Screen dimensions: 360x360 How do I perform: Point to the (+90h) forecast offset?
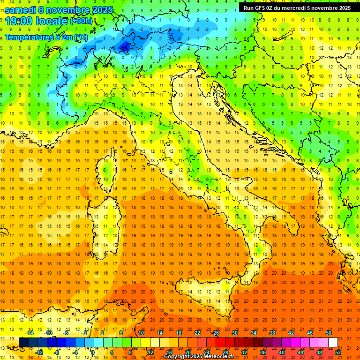coord(81,21)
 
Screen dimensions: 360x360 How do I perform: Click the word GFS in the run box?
coord(260,8)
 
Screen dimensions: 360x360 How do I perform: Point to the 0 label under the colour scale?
coord(93,352)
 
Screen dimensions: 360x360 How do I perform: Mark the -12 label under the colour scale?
coord(39,352)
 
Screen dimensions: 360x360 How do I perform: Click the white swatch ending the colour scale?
coord(333,342)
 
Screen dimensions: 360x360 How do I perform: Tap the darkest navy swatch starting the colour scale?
coord(23,342)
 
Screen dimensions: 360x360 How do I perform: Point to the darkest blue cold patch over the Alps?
coord(126,46)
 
